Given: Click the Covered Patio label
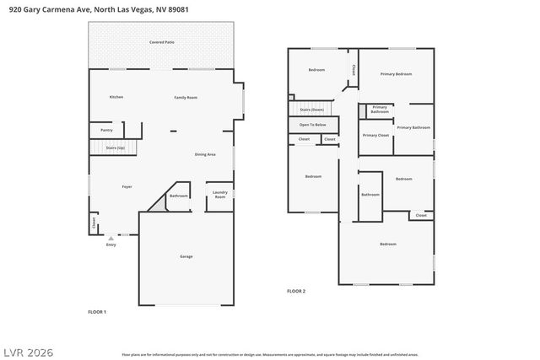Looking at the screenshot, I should [x=162, y=41].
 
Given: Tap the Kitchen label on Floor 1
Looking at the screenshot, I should [x=116, y=97].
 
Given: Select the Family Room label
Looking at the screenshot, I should [x=186, y=98].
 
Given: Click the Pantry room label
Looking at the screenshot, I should [x=106, y=130].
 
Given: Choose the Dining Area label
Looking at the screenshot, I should [x=205, y=154].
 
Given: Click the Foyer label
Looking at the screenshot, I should [x=127, y=186].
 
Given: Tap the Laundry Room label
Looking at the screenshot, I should [x=219, y=195].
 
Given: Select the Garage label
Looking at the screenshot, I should [x=186, y=256].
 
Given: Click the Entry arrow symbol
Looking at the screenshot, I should [x=111, y=238].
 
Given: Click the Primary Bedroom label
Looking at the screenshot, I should [x=395, y=74].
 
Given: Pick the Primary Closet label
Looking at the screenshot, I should [x=375, y=135].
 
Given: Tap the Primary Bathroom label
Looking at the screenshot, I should [x=413, y=127].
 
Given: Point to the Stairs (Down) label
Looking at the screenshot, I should [x=311, y=110].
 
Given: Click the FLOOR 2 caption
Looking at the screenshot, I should [x=295, y=291].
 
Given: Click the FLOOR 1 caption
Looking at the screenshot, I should [x=97, y=312].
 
